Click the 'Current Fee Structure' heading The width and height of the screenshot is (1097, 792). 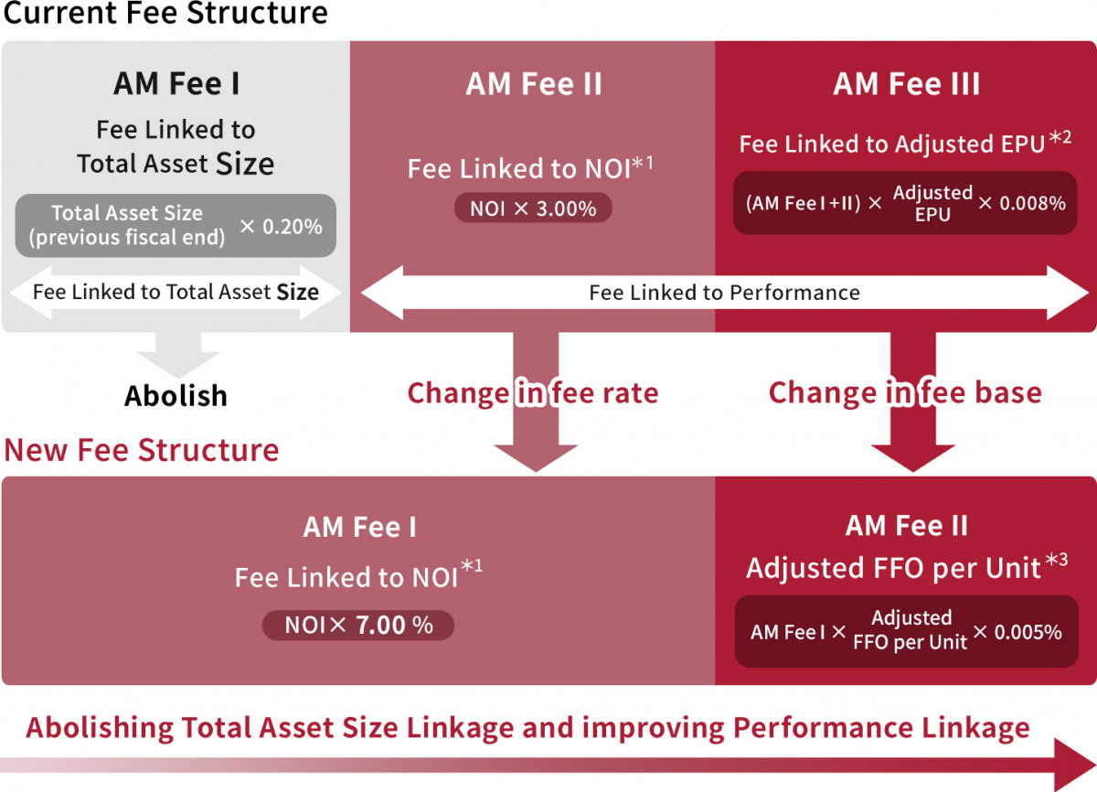(165, 12)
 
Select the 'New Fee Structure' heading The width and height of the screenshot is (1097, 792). (142, 450)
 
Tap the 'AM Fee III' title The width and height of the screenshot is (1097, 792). (907, 84)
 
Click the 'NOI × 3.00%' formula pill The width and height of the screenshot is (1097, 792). (533, 209)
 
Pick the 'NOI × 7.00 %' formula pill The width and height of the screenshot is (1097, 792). (358, 625)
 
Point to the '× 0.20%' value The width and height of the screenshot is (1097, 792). (282, 226)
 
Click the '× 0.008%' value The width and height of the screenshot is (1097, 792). (1022, 203)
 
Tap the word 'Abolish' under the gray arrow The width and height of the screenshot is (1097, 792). (176, 396)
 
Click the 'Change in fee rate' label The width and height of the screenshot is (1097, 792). (533, 393)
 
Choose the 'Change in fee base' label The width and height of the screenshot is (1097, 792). (905, 393)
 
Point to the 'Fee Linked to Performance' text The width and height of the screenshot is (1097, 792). (724, 293)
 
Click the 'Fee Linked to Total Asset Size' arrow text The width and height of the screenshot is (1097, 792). (176, 292)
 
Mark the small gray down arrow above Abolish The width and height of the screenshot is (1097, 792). (178, 355)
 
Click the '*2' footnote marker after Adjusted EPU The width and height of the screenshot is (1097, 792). (1060, 137)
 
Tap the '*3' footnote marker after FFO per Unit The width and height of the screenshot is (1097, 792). (1057, 560)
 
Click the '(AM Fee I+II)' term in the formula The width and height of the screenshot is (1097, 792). (804, 203)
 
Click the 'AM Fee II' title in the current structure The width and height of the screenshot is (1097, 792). (533, 84)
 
